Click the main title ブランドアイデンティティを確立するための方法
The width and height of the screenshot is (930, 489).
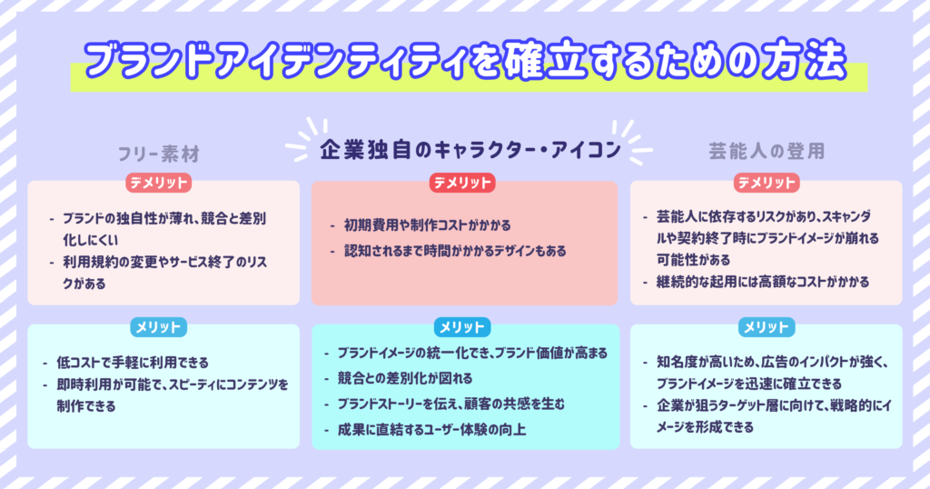(x=465, y=61)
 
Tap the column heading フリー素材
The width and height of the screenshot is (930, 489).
(x=158, y=155)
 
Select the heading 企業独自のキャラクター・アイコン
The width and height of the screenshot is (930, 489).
(x=470, y=150)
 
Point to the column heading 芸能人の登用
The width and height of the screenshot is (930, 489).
(x=767, y=151)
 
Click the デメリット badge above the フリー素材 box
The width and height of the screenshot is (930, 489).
(x=158, y=183)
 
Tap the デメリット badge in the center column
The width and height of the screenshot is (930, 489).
(x=462, y=183)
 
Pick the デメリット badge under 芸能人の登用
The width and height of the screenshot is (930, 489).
(x=767, y=183)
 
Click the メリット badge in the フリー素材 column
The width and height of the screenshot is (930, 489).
(x=158, y=327)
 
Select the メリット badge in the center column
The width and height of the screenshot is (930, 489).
(x=462, y=327)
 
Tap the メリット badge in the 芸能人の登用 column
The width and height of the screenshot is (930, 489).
(x=767, y=327)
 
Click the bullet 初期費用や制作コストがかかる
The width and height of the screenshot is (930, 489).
(x=427, y=225)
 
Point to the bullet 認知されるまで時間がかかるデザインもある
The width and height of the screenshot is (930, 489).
(x=455, y=251)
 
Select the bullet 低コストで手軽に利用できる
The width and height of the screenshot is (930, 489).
(x=133, y=362)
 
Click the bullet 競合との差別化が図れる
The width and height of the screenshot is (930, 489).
(x=405, y=378)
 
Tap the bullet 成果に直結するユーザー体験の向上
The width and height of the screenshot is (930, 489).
(x=431, y=429)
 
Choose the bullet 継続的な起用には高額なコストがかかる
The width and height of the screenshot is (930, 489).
(x=763, y=282)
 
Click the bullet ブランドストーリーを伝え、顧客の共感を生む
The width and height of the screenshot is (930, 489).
(x=451, y=404)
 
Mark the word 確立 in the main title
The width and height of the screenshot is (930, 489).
(x=541, y=61)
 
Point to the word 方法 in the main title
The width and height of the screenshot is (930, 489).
(x=809, y=60)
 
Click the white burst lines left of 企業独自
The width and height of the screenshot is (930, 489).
(x=307, y=140)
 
